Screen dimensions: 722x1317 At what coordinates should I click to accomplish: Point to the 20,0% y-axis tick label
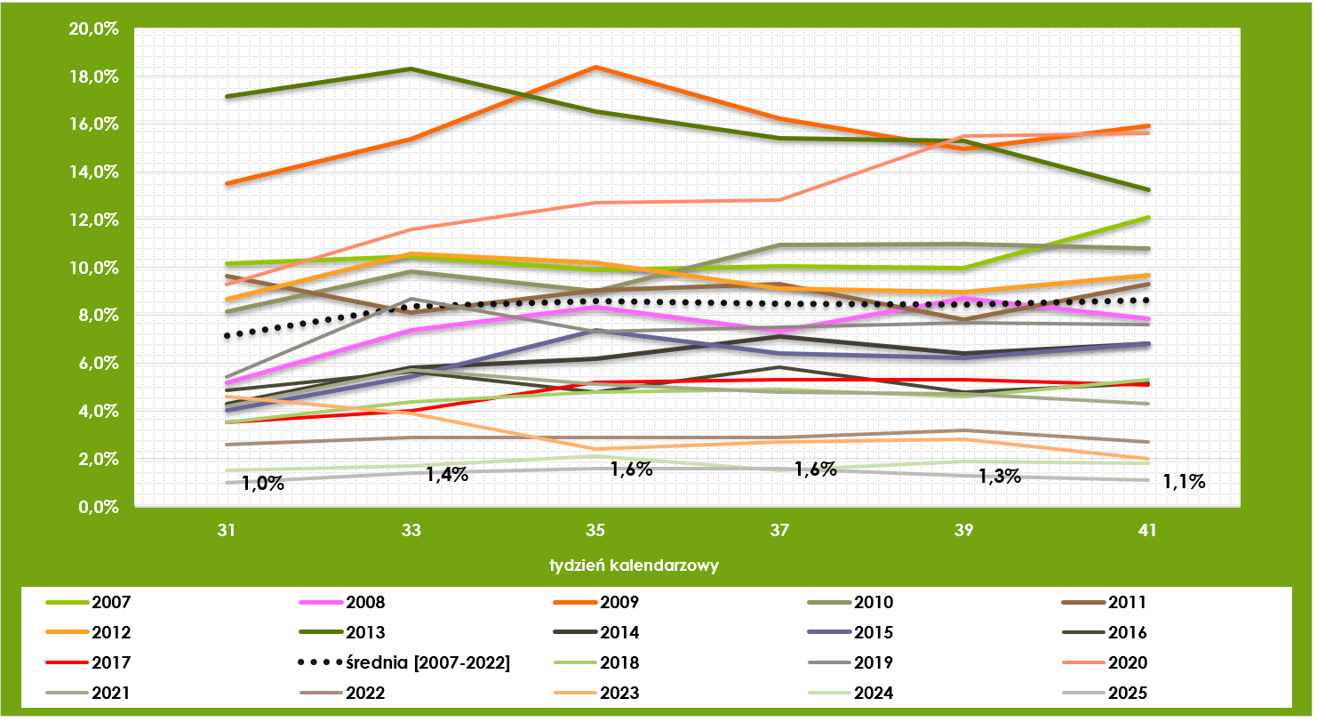[x=93, y=29]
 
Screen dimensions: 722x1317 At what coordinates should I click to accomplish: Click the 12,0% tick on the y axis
[x=93, y=220]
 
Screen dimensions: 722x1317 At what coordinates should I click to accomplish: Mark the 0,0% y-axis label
[x=97, y=507]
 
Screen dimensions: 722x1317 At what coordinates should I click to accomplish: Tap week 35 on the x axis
[x=595, y=531]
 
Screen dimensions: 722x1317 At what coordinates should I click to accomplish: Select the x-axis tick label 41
[x=1147, y=531]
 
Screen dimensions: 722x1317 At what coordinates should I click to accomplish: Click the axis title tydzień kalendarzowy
[x=633, y=565]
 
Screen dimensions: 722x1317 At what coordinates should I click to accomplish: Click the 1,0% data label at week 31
[x=263, y=485]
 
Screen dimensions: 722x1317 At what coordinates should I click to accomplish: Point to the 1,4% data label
[x=447, y=475]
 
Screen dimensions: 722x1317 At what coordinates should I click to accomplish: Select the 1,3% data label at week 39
[x=999, y=477]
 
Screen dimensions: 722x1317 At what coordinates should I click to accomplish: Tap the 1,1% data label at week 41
[x=1184, y=483]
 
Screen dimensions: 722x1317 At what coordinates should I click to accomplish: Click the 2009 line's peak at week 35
[x=595, y=67]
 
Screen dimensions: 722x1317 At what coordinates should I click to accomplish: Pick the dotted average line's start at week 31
[x=227, y=336]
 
